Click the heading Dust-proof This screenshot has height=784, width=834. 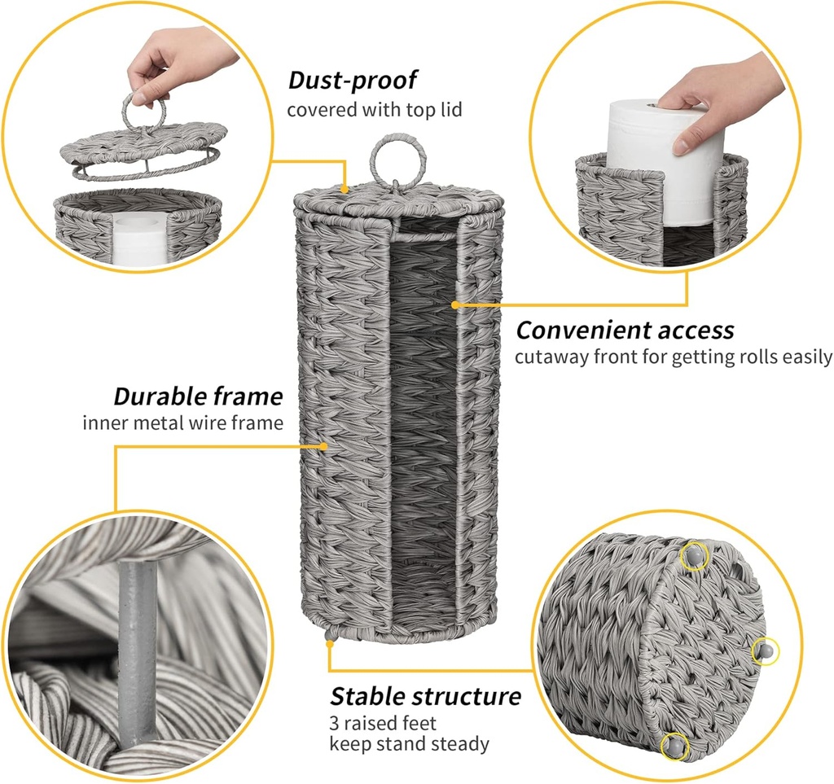click(x=353, y=80)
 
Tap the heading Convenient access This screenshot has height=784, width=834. click(x=625, y=331)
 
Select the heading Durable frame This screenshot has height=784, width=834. click(x=198, y=397)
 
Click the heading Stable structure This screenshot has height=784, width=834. click(x=425, y=697)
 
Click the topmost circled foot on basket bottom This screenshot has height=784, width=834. click(x=693, y=556)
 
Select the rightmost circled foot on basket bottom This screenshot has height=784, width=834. click(x=765, y=650)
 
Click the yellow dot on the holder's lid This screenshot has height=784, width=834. click(x=346, y=189)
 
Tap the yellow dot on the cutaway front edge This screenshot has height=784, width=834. click(x=455, y=304)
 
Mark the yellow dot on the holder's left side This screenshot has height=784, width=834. click(x=325, y=445)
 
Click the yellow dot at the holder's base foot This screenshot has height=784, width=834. click(x=329, y=644)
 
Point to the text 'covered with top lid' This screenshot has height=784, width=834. click(x=374, y=109)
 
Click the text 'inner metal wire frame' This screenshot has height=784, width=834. click(x=182, y=423)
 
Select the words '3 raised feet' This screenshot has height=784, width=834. click(x=383, y=723)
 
